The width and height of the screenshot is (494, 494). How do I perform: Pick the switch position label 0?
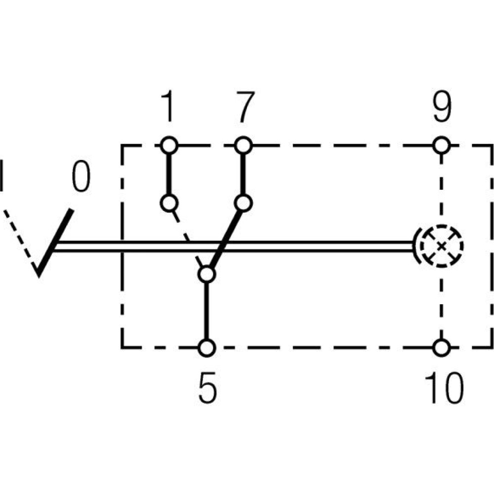coord(81,176)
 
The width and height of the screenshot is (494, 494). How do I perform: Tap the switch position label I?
coord(2,175)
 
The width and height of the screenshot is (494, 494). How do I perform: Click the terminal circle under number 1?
coord(169,145)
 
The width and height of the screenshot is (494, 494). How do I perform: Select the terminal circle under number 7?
coord(243,145)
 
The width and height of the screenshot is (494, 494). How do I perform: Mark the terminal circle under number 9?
coord(441,145)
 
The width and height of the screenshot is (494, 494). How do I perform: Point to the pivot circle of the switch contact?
coord(207,274)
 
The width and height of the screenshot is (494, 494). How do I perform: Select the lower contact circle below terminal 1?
coord(169,203)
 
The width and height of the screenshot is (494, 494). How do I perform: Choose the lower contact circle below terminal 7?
coord(243,203)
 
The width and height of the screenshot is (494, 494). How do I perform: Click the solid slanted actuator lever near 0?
coord(55,242)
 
